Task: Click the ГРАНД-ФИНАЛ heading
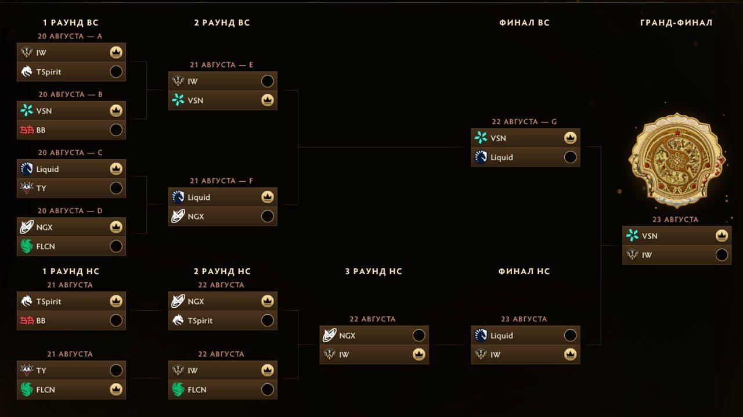(676, 23)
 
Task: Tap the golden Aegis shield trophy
(677, 161)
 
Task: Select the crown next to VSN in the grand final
(722, 236)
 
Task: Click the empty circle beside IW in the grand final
(722, 255)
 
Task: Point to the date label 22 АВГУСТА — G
(524, 122)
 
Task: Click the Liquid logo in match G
(481, 157)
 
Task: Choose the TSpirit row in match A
(71, 71)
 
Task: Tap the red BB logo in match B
(27, 130)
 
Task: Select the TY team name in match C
(41, 188)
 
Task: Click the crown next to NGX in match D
(116, 227)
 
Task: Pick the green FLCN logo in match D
(27, 246)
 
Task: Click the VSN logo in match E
(178, 100)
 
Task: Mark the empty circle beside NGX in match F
(268, 216)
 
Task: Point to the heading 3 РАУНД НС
(373, 271)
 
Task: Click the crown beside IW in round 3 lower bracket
(419, 355)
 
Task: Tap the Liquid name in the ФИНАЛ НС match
(502, 336)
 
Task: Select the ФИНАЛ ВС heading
(524, 23)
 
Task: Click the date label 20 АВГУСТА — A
(70, 36)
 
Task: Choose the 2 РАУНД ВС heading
(222, 23)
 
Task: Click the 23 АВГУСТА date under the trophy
(675, 220)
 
